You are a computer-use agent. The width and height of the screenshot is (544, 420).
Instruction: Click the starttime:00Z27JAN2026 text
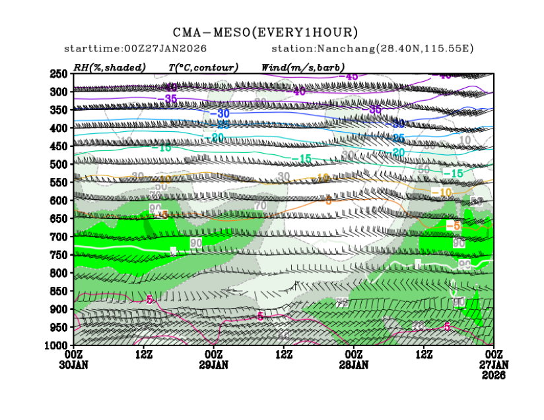[x=135, y=49]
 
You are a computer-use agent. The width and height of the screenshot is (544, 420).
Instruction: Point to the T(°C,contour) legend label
[x=203, y=67]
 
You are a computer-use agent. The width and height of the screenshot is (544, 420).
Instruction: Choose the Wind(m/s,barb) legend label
[x=303, y=67]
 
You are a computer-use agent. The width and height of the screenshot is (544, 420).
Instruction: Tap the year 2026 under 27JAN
[x=494, y=375]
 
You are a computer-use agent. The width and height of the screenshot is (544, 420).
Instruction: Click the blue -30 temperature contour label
[x=220, y=113]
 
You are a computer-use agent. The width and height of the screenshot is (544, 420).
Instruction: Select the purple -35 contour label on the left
[x=168, y=99]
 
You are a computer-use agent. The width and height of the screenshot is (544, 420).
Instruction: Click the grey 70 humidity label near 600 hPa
[x=260, y=206]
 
